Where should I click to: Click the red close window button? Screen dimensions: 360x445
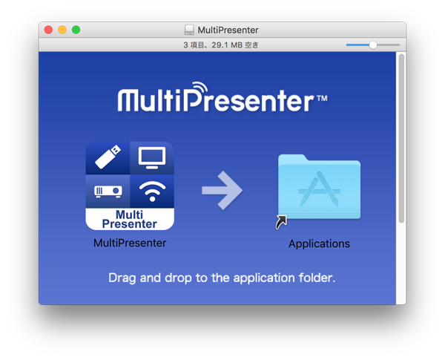click(49, 30)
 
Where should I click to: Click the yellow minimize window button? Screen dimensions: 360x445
click(62, 30)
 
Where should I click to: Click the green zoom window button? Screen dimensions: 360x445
click(76, 30)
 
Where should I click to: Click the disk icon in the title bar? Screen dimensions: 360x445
click(189, 30)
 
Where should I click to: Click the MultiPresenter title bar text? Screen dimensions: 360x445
click(228, 30)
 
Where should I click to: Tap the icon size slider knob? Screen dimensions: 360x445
click(372, 45)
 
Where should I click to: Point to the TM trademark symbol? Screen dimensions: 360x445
click(321, 97)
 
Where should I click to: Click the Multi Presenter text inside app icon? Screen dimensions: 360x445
click(130, 219)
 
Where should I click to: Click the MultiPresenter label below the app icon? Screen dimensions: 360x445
click(130, 243)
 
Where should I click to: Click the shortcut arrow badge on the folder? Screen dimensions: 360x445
click(281, 222)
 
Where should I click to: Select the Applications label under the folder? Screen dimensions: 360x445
click(319, 243)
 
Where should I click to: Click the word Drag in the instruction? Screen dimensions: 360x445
click(123, 278)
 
